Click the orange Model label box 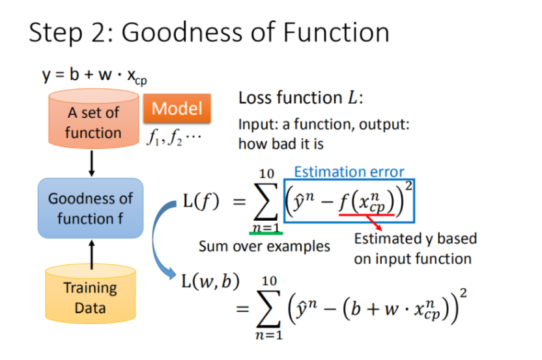pyautogui.click(x=177, y=109)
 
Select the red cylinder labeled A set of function pyautogui.click(x=93, y=122)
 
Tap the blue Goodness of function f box pyautogui.click(x=91, y=208)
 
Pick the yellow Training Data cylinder pyautogui.click(x=90, y=296)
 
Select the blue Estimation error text pyautogui.click(x=349, y=172)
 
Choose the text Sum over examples pyautogui.click(x=264, y=247)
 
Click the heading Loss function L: pyautogui.click(x=300, y=98)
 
